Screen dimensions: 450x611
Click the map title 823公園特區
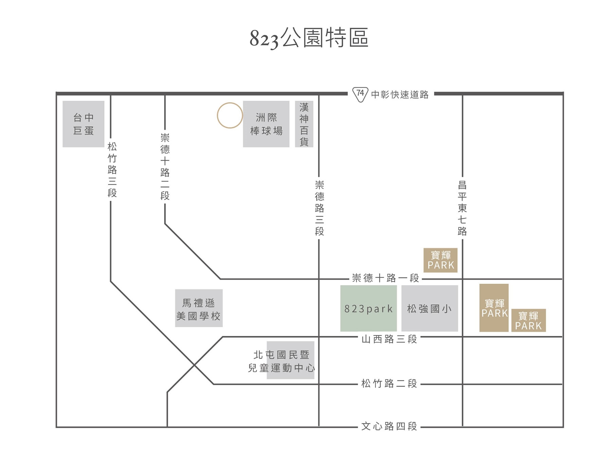click(x=309, y=38)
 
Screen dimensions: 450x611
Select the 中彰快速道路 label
click(x=400, y=94)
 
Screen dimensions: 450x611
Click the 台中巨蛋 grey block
click(x=84, y=124)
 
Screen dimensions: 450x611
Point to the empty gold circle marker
click(x=230, y=115)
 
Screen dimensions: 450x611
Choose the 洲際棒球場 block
click(x=266, y=124)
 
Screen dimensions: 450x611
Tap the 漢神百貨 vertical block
click(x=304, y=124)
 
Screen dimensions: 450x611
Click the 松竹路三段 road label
click(x=112, y=170)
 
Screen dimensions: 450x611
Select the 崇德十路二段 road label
click(x=165, y=167)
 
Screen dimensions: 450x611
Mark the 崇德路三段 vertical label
click(x=319, y=208)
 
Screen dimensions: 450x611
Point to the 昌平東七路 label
click(x=462, y=208)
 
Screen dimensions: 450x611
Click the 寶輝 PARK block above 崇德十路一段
click(x=441, y=260)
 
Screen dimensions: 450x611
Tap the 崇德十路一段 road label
click(x=386, y=278)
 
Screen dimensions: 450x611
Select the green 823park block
click(x=369, y=308)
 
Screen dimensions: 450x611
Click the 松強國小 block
click(x=430, y=308)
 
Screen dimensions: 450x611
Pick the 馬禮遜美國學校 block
click(x=199, y=308)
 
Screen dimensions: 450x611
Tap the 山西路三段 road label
click(x=389, y=339)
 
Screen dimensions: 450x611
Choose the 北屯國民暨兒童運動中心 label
click(x=282, y=361)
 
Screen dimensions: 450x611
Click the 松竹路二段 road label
click(x=389, y=384)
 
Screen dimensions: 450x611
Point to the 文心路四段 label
click(x=389, y=426)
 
